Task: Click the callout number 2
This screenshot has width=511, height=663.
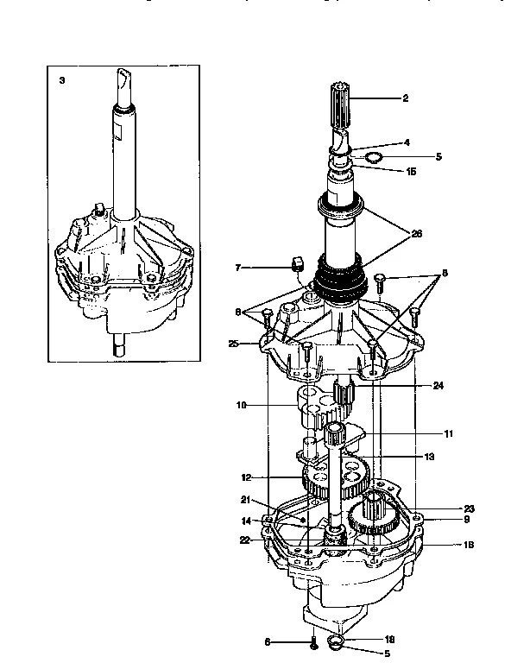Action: [x=405, y=98]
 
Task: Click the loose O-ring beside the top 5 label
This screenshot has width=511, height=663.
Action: [x=373, y=158]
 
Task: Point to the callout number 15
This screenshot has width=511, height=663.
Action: [x=410, y=172]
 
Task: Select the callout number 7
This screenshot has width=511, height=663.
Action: [x=237, y=268]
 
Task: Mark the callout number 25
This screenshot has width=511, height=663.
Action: [x=233, y=344]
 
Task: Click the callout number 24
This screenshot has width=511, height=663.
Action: [x=438, y=386]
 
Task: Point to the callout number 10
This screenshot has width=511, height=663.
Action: [x=241, y=404]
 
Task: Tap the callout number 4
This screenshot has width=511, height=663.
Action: [x=406, y=142]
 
